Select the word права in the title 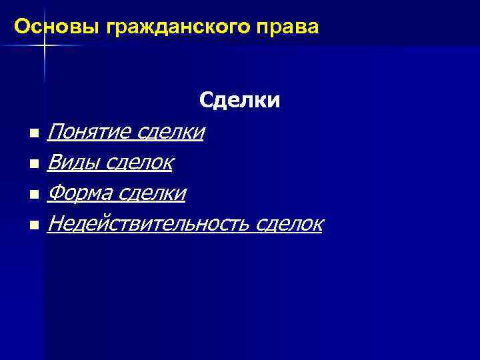(291, 27)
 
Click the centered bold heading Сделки (240, 101)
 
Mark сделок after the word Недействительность (287, 224)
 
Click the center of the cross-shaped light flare (44, 45)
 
